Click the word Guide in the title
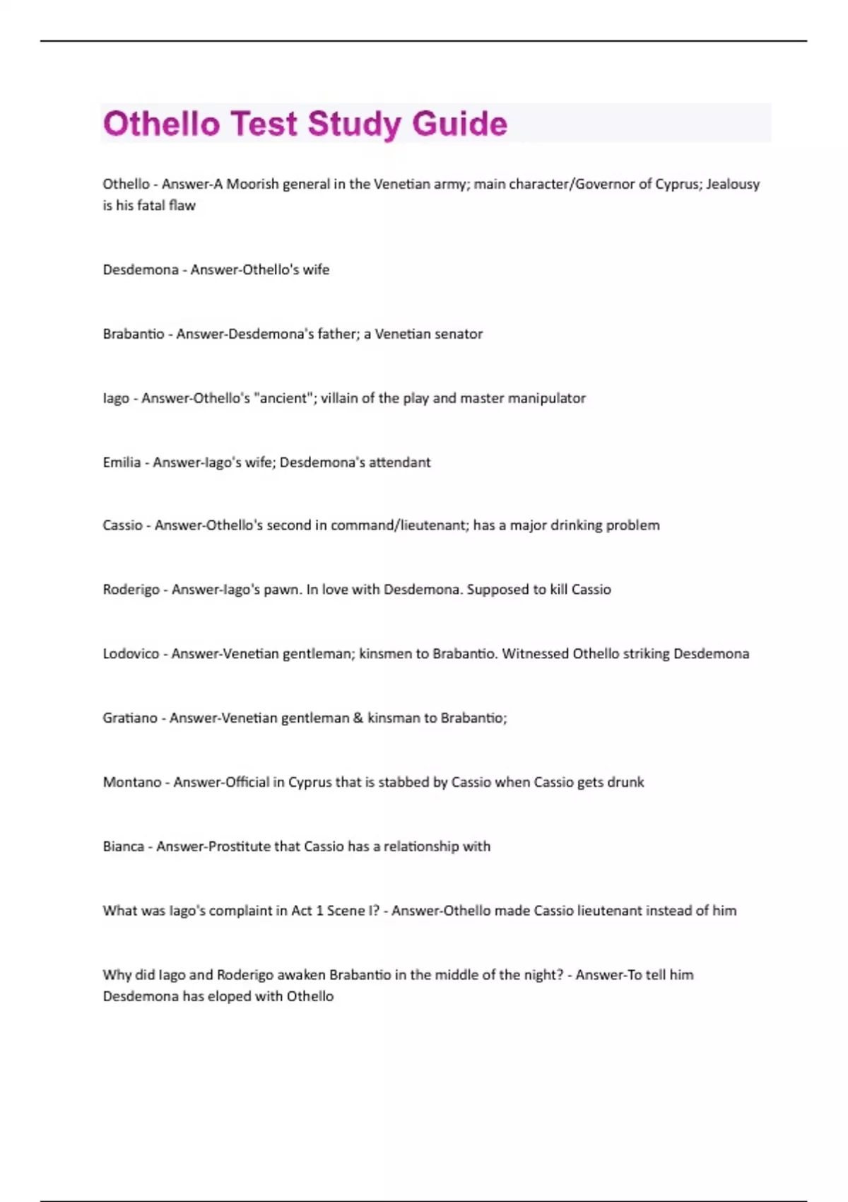coord(459,124)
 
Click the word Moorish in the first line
coord(252,184)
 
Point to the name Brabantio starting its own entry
coord(133,334)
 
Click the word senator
coord(458,334)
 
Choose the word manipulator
coord(546,398)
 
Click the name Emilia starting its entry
coord(122,462)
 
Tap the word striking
coord(642,654)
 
